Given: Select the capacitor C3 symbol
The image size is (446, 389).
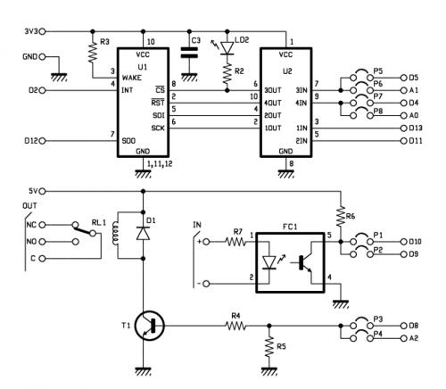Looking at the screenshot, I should point(187,53).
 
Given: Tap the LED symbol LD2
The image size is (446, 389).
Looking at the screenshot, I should point(226,46).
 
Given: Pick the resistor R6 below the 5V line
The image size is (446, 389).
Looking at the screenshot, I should point(340,217).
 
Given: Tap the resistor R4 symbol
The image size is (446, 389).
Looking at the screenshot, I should point(235,327).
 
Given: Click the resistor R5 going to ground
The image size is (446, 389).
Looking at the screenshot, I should point(269,347).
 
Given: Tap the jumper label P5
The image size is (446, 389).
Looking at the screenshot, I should point(378,70).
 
